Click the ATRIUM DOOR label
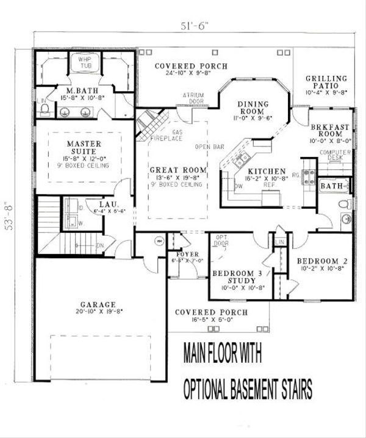tap(193, 97)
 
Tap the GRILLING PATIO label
tap(327, 82)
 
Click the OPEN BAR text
tap(207, 147)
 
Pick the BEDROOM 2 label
tap(322, 261)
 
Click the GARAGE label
tap(97, 304)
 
